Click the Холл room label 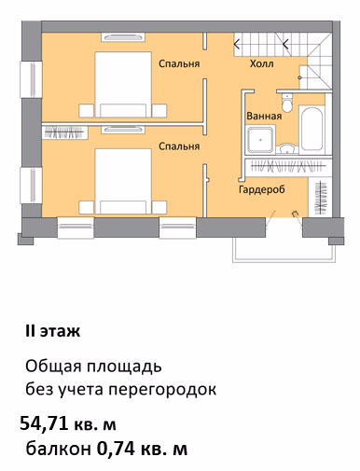pos(261,63)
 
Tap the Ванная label pos(264,116)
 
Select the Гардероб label pos(262,189)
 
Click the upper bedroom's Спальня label pos(179,63)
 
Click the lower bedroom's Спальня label pos(179,146)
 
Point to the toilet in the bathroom pos(286,103)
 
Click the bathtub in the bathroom pos(312,130)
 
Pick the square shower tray pos(260,140)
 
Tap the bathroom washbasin pos(286,148)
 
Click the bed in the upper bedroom pos(123,85)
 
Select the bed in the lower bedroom pos(123,181)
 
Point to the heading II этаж pos(53,331)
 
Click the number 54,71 pos(44,423)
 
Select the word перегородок pos(162,390)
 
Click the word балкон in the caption pos(59,449)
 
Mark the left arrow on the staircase pos(237,45)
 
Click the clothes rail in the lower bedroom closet pos(64,132)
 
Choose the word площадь pos(124,367)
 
